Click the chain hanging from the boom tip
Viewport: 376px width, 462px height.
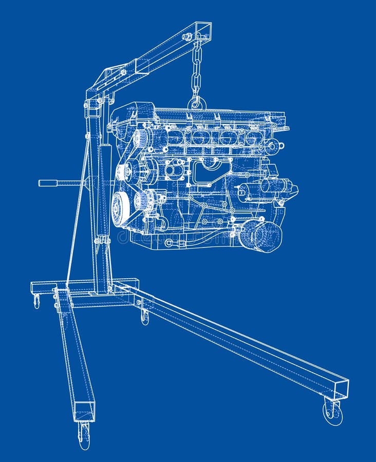tap(196, 72)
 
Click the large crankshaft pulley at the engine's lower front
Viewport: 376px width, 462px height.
tap(121, 208)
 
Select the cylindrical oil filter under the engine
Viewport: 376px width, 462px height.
tap(263, 236)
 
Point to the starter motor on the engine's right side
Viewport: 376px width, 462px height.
tap(272, 187)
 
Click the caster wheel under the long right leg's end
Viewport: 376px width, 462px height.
tap(332, 412)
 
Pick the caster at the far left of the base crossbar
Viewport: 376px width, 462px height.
tap(36, 301)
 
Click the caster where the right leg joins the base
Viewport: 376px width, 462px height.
tap(145, 317)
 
